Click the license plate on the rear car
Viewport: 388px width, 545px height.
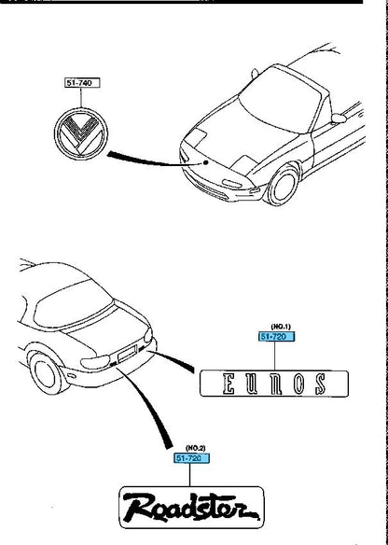pyautogui.click(x=128, y=353)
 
